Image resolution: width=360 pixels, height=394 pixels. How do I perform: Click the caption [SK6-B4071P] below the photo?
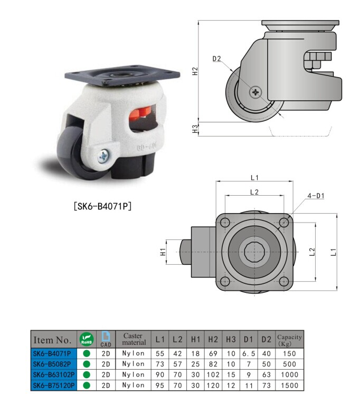101,206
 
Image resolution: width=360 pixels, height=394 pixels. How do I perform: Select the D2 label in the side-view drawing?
217,59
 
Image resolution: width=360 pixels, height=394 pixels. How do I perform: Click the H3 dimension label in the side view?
195,128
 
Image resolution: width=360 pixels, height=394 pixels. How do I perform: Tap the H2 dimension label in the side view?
195,71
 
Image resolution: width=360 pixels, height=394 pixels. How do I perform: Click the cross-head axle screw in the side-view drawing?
257,92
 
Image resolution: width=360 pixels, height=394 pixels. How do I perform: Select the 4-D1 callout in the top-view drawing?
316,196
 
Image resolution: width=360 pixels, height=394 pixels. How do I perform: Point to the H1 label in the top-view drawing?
164,252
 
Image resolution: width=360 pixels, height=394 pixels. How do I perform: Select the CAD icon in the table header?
106,339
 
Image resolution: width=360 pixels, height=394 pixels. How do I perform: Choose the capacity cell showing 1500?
289,386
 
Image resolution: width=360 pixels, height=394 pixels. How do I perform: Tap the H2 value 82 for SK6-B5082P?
213,364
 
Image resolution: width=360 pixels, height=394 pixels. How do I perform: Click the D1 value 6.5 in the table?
249,353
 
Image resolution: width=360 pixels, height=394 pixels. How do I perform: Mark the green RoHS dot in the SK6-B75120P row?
86,386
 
